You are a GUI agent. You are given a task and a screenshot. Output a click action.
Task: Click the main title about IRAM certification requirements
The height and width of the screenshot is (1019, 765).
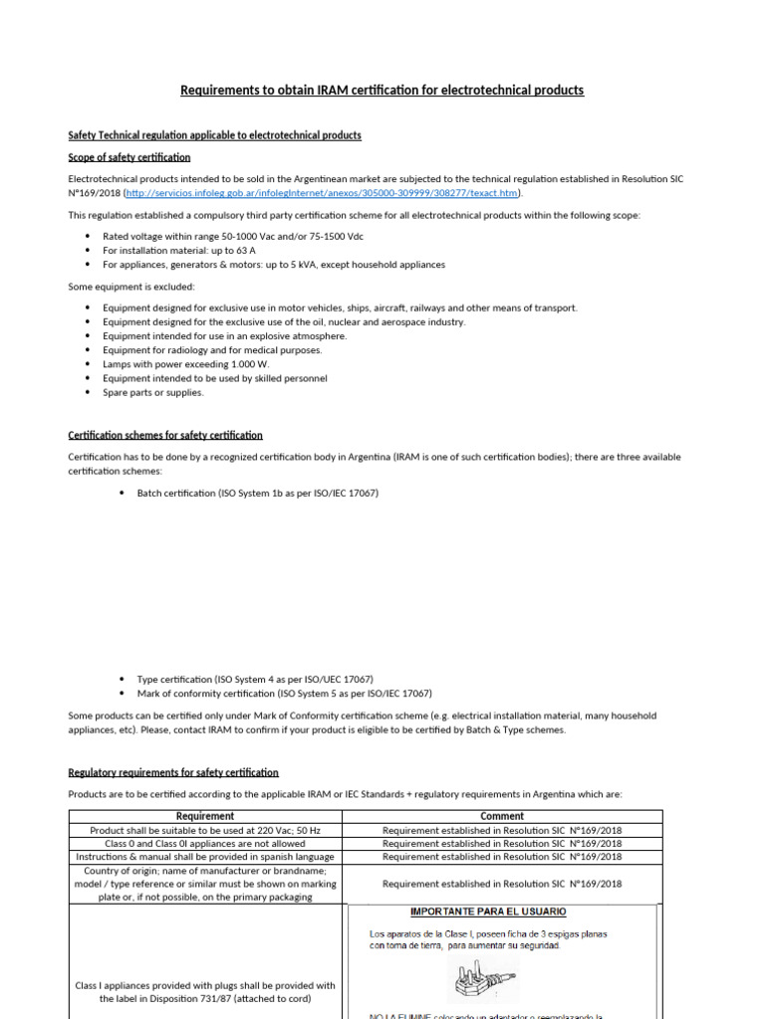coord(382,91)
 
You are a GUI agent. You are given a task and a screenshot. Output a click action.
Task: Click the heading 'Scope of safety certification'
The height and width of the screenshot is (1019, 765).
coord(128,157)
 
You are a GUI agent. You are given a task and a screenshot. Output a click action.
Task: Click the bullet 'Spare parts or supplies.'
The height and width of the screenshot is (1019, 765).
coord(152,392)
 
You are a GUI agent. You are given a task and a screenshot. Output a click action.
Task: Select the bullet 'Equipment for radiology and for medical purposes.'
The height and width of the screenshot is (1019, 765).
coord(212,350)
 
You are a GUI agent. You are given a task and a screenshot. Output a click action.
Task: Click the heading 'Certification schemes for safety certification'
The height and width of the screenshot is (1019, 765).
coord(165,436)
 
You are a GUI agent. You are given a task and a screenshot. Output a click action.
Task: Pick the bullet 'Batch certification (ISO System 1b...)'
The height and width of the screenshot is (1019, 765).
coord(257,494)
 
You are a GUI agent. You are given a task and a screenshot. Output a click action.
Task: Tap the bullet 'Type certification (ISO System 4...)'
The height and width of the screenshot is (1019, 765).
coord(255,679)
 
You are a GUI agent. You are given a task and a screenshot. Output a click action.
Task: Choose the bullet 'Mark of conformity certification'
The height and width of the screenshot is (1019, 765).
coord(284,694)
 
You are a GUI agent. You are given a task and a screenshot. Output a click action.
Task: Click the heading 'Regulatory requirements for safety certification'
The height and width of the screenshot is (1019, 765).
coord(173,772)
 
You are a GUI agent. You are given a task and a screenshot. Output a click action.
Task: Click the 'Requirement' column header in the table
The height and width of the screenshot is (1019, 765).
coord(204,816)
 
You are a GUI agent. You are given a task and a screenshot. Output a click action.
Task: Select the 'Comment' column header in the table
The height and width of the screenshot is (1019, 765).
coord(502,816)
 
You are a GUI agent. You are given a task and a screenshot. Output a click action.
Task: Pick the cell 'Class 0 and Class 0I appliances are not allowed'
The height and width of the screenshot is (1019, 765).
coord(204,843)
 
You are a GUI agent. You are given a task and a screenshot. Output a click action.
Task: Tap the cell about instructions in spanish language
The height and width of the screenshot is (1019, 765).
coord(204,856)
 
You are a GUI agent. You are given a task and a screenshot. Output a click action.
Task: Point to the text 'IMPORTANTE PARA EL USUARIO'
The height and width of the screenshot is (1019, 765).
coord(489,912)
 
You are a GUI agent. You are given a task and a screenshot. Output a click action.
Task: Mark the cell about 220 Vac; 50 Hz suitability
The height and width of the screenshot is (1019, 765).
coord(204,830)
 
